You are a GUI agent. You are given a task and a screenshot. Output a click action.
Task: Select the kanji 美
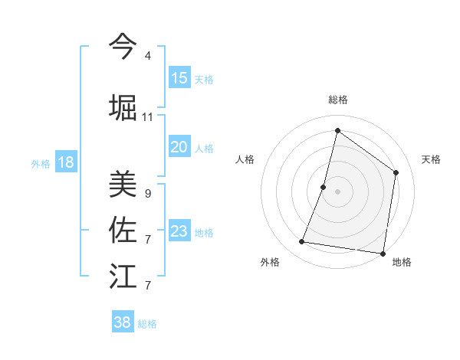[x=123, y=183]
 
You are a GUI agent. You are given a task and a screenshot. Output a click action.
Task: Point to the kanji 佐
[x=123, y=229]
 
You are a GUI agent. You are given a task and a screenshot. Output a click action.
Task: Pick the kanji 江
[x=123, y=275]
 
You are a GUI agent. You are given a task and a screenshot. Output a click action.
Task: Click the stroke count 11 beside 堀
[x=147, y=117]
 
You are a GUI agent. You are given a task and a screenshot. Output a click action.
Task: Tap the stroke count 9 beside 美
[x=147, y=194]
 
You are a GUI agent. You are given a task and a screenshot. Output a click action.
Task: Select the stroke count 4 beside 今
[x=147, y=56]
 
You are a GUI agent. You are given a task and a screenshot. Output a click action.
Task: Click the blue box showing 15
[x=179, y=78]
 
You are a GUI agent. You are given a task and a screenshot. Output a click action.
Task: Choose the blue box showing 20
[x=179, y=147]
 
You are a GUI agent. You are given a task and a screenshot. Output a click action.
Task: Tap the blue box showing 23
[x=179, y=231]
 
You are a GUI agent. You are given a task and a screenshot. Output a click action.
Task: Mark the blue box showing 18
[x=65, y=162]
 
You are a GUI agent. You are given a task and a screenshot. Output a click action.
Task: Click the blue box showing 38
[x=123, y=322]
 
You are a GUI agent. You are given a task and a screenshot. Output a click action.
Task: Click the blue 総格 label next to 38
[x=147, y=324]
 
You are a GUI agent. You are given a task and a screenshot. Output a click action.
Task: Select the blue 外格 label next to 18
[x=41, y=163]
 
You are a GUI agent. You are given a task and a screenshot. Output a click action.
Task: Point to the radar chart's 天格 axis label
[x=431, y=159]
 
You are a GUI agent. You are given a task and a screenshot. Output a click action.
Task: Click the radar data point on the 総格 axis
[x=337, y=130]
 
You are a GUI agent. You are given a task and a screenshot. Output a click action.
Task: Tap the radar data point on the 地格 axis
[x=383, y=253]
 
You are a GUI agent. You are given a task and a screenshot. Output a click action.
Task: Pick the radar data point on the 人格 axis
[x=324, y=187]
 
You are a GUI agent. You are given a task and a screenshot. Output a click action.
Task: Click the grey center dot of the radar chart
[x=337, y=191]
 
